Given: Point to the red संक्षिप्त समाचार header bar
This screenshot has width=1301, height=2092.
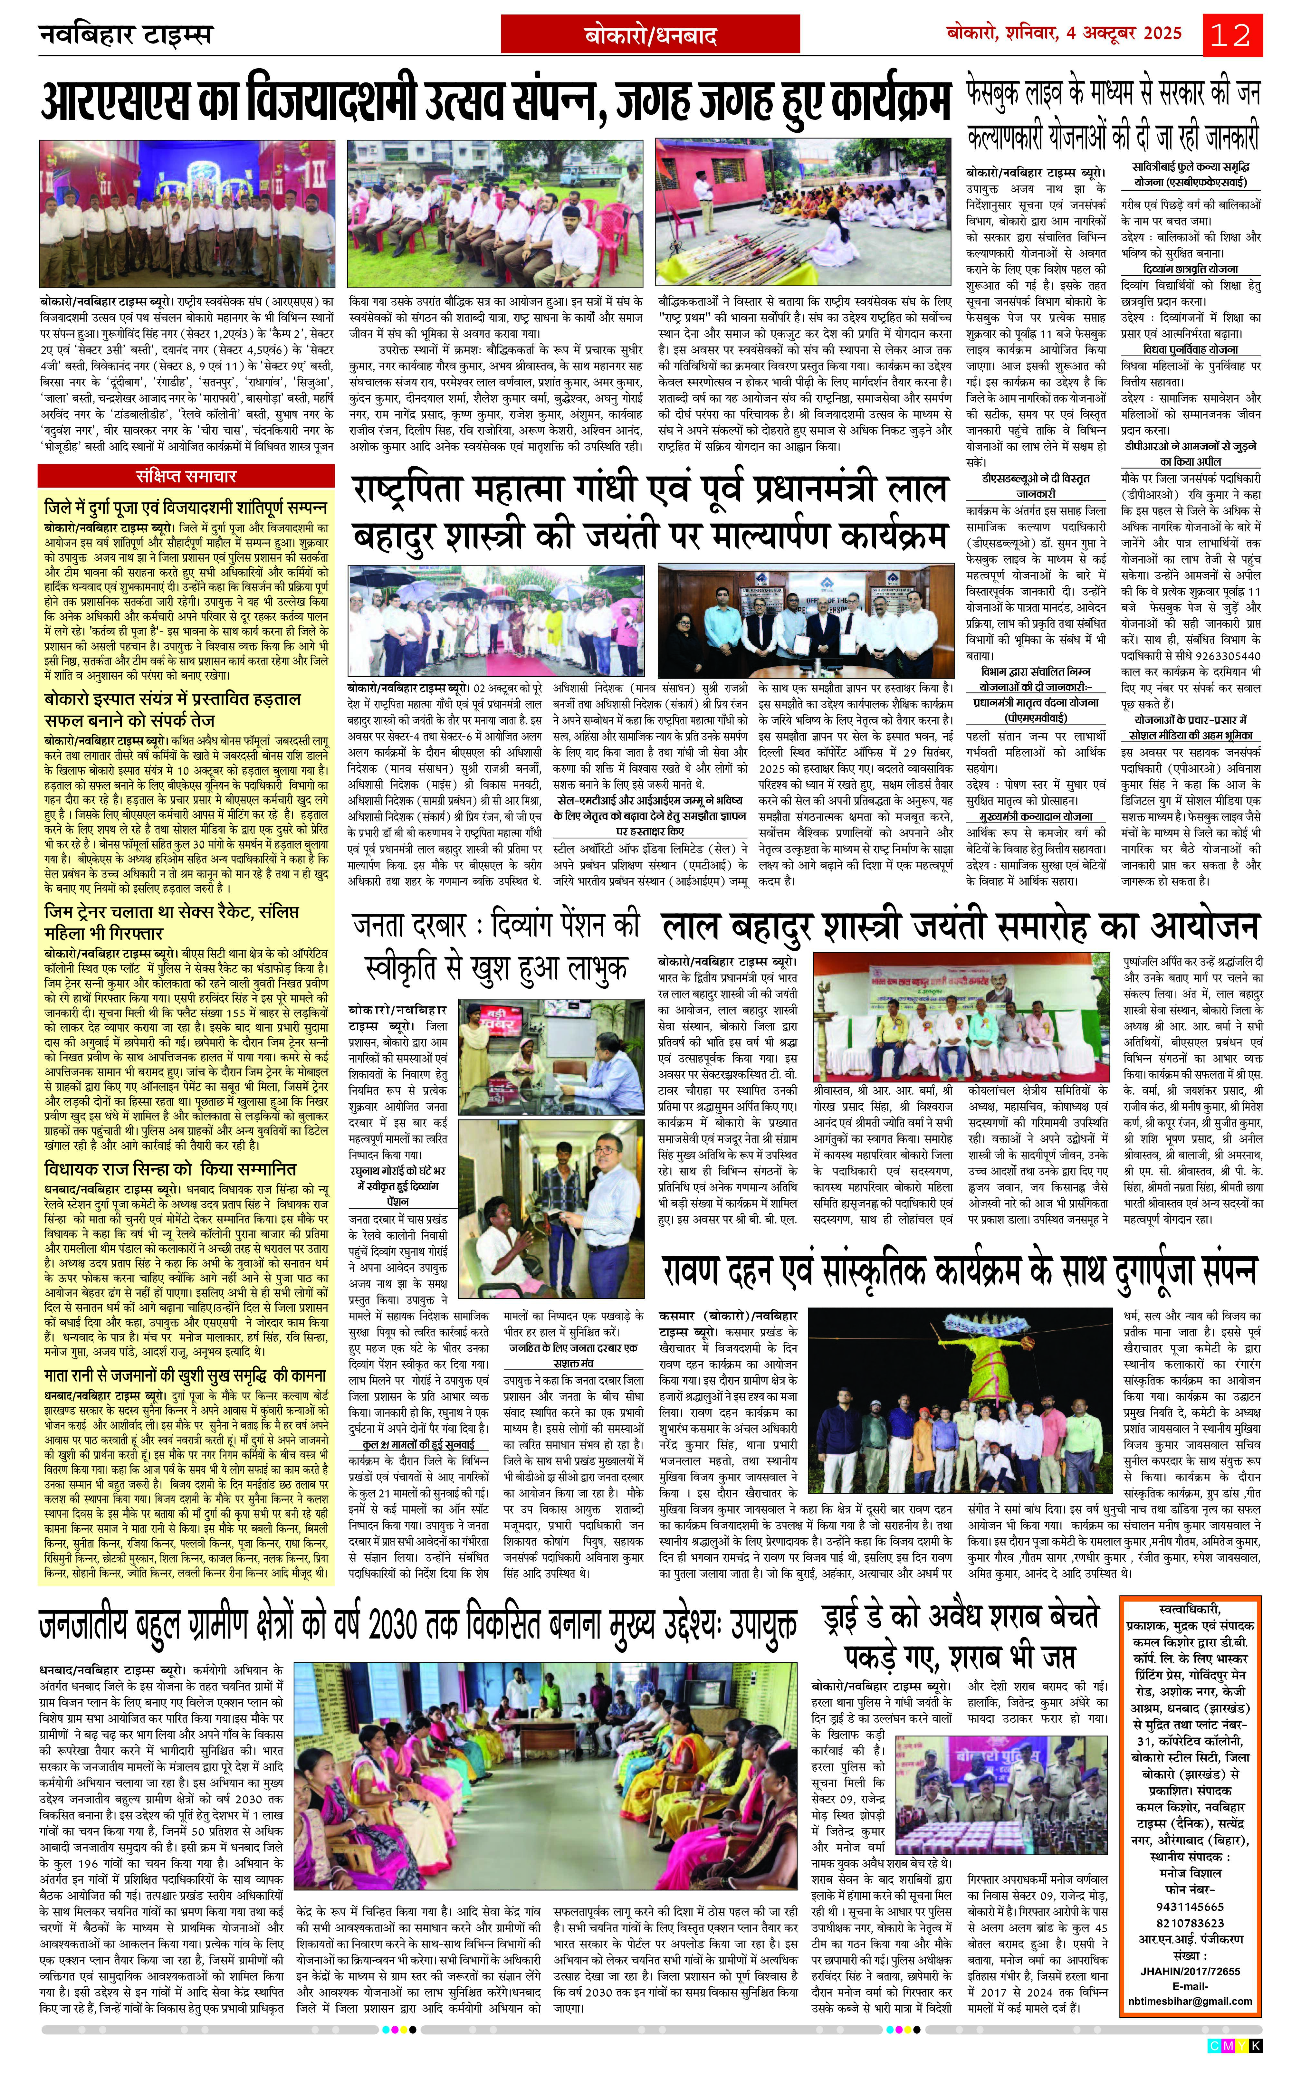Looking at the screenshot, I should [186, 476].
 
